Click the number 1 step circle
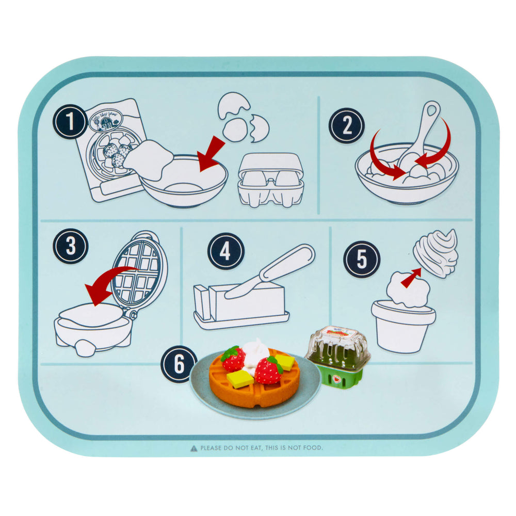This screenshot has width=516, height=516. click(x=69, y=123)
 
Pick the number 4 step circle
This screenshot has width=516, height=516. click(x=225, y=251)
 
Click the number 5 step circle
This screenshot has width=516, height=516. click(x=362, y=259)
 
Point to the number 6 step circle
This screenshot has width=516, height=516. click(x=179, y=364)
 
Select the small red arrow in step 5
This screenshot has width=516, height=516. click(x=410, y=279)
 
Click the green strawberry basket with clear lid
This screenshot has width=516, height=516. click(x=338, y=356)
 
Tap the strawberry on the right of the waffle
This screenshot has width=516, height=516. click(x=268, y=370)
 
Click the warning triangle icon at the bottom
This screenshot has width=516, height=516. click(x=193, y=448)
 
